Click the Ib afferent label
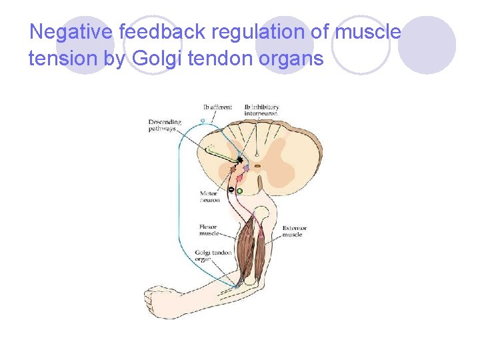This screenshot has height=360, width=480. click(218, 107)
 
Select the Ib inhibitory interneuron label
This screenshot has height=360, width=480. click(261, 110)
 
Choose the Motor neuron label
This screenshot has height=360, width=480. click(209, 197)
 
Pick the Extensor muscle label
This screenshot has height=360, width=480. click(293, 231)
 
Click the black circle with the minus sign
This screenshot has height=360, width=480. click(231, 190)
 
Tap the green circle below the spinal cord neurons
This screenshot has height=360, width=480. click(239, 191)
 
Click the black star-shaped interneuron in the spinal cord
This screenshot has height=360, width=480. click(239, 160)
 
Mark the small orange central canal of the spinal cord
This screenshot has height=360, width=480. click(257, 166)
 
